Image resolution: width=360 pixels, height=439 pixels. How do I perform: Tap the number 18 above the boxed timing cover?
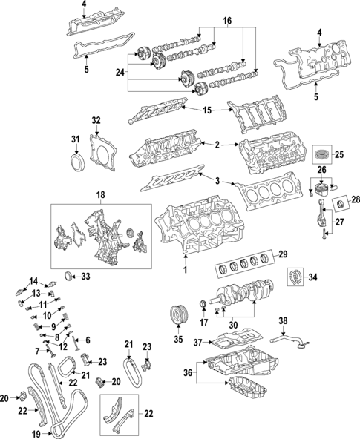point(100,194)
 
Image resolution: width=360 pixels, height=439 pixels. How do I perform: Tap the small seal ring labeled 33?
point(71,277)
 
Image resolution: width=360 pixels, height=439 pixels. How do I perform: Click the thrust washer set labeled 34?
point(296,280)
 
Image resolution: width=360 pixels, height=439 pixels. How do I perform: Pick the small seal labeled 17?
point(203,305)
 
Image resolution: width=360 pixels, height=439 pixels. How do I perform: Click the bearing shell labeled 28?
point(342,202)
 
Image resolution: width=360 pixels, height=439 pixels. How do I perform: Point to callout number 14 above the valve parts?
point(33,280)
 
